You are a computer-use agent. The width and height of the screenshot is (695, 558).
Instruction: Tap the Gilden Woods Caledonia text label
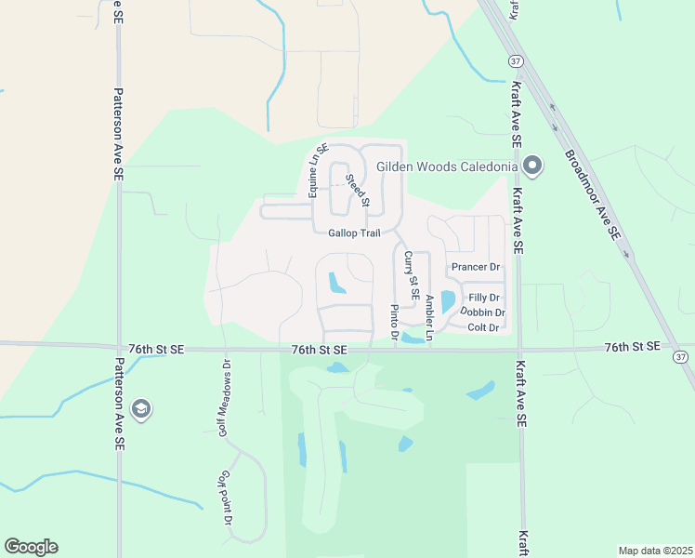pyautogui.click(x=447, y=167)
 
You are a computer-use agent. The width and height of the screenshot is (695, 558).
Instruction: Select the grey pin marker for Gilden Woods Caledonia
pyautogui.click(x=532, y=167)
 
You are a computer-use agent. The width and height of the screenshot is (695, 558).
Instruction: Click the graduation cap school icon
pyautogui.click(x=140, y=408)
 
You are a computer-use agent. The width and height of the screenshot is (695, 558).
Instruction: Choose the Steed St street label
pyautogui.click(x=358, y=190)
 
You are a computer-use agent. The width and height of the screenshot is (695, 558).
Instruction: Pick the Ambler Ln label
pyautogui.click(x=428, y=317)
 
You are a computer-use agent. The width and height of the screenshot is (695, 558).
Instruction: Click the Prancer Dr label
pyautogui.click(x=475, y=267)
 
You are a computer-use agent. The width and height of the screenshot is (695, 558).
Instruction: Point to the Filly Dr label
pyautogui.click(x=484, y=298)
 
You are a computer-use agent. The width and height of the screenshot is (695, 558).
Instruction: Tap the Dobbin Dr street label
pyautogui.click(x=482, y=312)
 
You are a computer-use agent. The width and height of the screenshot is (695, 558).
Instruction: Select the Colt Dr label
pyautogui.click(x=484, y=327)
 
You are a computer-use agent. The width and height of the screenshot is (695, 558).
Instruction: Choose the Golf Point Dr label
pyautogui.click(x=225, y=497)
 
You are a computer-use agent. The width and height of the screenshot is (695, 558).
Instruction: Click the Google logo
pyautogui.click(x=31, y=547)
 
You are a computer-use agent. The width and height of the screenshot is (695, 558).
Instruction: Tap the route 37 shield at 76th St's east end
pyautogui.click(x=681, y=357)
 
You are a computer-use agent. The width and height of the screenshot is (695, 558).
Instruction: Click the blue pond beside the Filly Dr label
pyautogui.click(x=448, y=301)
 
